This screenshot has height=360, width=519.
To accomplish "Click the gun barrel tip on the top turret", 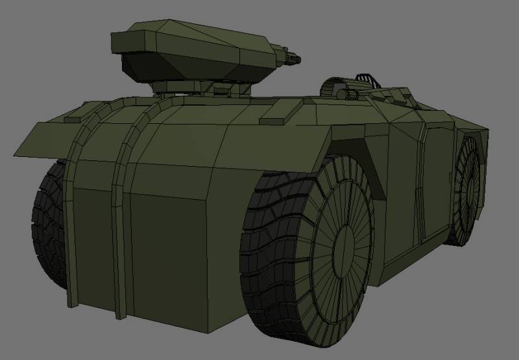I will pyautogui.click(x=299, y=58).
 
